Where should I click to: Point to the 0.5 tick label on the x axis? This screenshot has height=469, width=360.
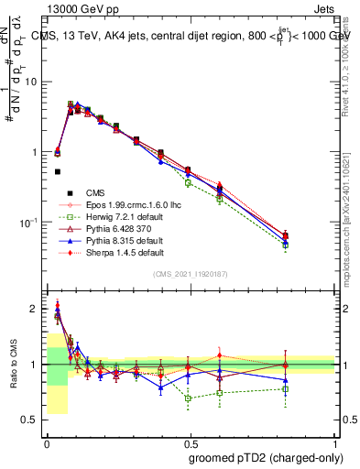(x=191, y=442)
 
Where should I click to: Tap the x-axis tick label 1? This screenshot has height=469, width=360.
(x=335, y=442)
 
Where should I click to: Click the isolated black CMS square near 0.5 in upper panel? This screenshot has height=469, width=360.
(x=57, y=171)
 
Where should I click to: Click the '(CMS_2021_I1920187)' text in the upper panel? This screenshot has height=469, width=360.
(x=191, y=274)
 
